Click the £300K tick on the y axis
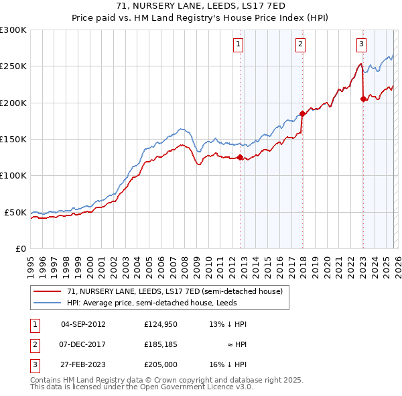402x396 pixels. click(13, 30)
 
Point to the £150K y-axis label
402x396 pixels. click(13, 139)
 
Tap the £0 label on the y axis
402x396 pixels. click(20, 248)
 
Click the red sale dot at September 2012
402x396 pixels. click(240, 157)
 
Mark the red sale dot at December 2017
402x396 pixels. click(302, 113)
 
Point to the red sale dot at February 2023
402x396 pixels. click(363, 99)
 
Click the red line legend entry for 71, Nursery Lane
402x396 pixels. click(174, 291)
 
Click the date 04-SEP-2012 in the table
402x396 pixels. click(83, 324)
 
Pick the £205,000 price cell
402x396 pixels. click(159, 365)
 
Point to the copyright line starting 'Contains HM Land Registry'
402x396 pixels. click(166, 380)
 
